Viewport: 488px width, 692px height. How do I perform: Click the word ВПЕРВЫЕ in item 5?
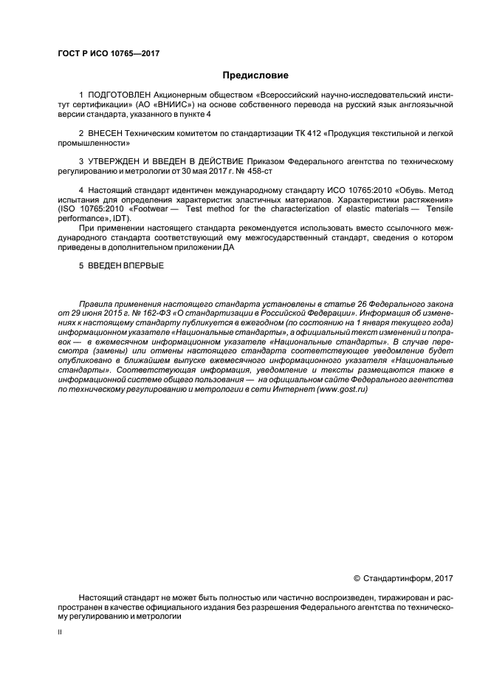tap(140, 265)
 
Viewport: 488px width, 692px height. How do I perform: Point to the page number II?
tap(60, 633)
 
